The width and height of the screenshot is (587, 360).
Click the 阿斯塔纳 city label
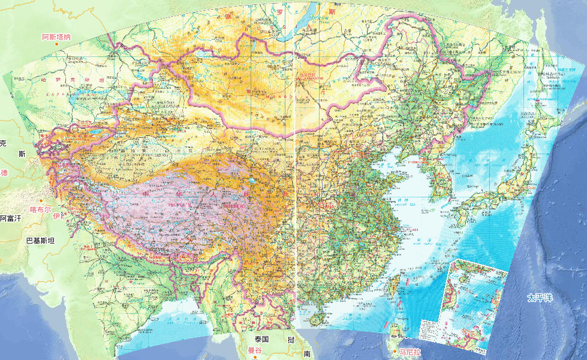click(x=56, y=37)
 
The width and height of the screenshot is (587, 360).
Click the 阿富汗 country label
click(x=10, y=219)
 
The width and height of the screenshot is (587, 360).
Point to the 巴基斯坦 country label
click(x=40, y=241)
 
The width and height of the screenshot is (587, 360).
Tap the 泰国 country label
click(x=264, y=339)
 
